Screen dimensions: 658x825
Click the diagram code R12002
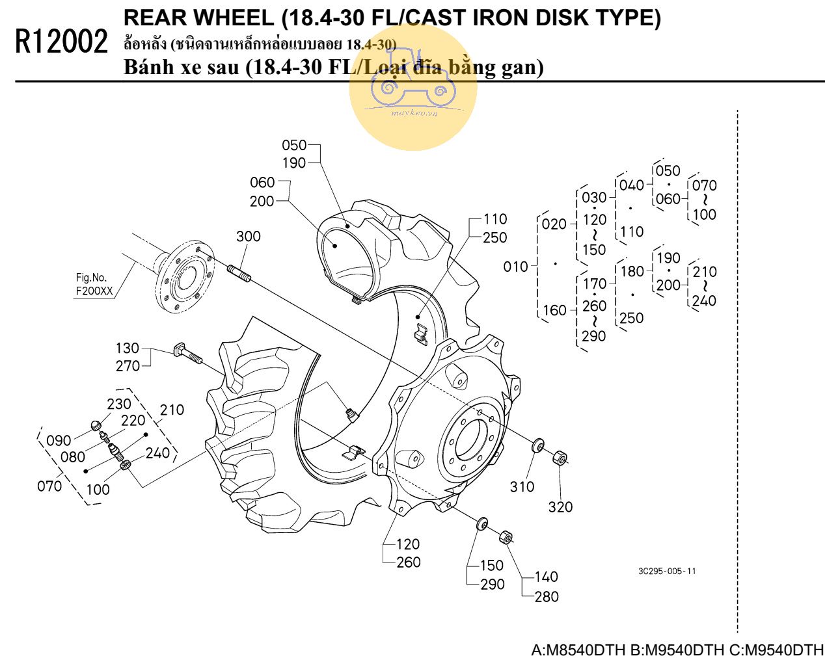[x=61, y=42]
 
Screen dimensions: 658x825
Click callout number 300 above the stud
[x=248, y=237]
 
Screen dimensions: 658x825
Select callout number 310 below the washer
[x=522, y=486]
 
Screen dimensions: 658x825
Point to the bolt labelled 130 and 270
[x=187, y=355]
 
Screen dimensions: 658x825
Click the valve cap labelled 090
[x=96, y=427]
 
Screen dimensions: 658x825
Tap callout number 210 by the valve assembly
[x=172, y=410]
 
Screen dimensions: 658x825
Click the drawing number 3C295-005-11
[x=667, y=571]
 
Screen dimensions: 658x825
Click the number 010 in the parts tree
[x=516, y=267]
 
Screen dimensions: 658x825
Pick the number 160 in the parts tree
[x=555, y=311]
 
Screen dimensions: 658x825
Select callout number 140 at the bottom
[x=547, y=577]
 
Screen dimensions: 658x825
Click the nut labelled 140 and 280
[x=506, y=538]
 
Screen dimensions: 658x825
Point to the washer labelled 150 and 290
[x=482, y=523]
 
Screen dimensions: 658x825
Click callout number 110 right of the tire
[x=495, y=219]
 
